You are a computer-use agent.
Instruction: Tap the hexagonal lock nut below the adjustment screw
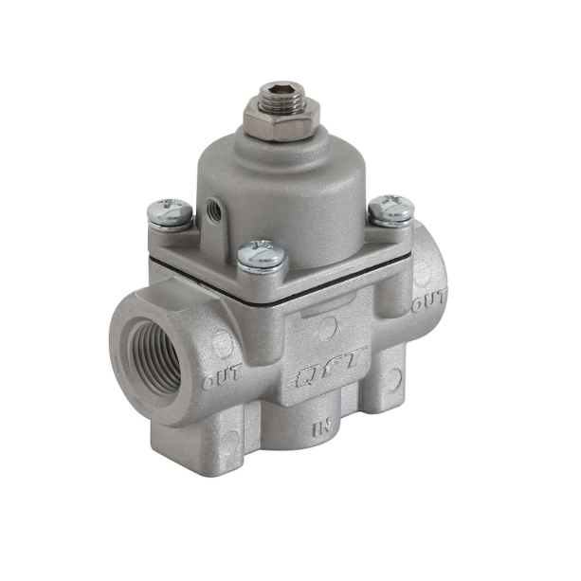[281, 122]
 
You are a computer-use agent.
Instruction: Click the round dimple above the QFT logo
[325, 329]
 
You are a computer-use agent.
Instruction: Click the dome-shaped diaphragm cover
[281, 190]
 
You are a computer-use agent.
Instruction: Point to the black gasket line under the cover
[313, 291]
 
